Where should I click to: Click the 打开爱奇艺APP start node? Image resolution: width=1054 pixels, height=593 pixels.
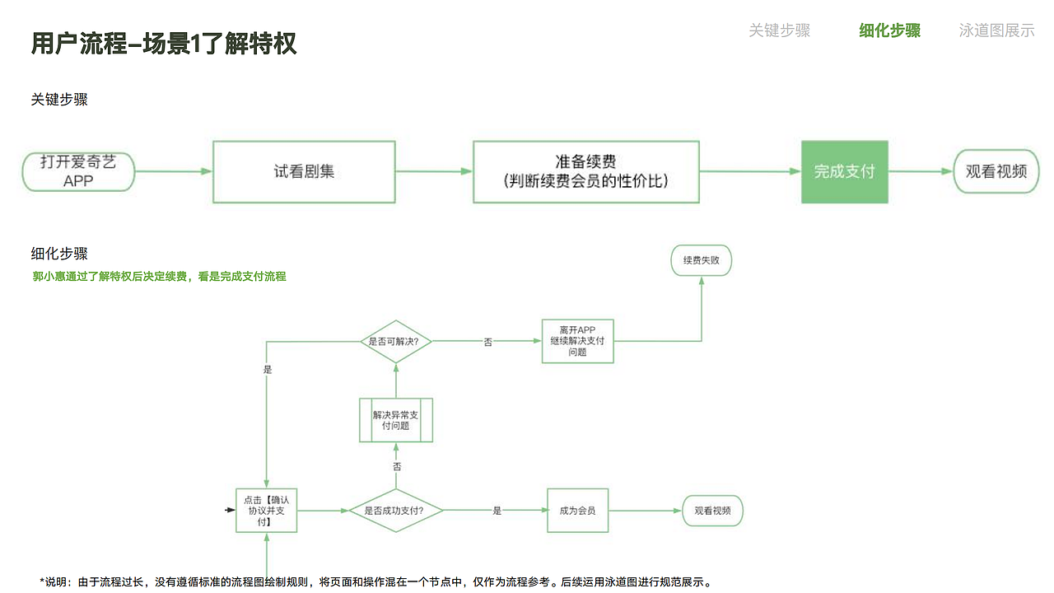78,171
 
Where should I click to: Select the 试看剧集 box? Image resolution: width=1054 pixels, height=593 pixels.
304,171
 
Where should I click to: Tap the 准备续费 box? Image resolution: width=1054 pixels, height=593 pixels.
585,171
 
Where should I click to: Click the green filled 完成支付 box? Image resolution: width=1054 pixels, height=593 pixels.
844,171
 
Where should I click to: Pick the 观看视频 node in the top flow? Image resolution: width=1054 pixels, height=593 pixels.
996,171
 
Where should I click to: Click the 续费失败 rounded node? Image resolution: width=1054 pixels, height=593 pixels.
701,260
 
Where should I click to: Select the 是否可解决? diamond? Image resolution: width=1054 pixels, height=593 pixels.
396,341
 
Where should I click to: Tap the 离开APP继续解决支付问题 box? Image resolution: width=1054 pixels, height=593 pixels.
577,341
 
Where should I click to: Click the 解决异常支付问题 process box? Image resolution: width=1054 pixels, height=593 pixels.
396,420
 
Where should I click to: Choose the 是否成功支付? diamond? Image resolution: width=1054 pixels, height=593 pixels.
396,511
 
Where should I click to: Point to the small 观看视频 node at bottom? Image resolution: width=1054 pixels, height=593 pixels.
712,511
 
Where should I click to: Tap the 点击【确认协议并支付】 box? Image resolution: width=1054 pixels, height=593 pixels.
266,511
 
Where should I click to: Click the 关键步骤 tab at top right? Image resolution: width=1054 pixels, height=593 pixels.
779,30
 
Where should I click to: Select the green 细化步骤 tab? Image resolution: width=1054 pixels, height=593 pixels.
889,30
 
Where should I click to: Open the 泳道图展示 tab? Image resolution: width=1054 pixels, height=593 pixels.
996,30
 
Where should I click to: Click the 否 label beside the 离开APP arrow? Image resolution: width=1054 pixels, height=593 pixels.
487,342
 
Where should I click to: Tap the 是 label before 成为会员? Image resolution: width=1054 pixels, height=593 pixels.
497,511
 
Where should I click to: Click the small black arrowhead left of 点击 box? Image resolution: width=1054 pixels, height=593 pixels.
230,511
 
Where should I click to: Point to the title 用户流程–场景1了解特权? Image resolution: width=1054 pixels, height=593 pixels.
164,44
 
